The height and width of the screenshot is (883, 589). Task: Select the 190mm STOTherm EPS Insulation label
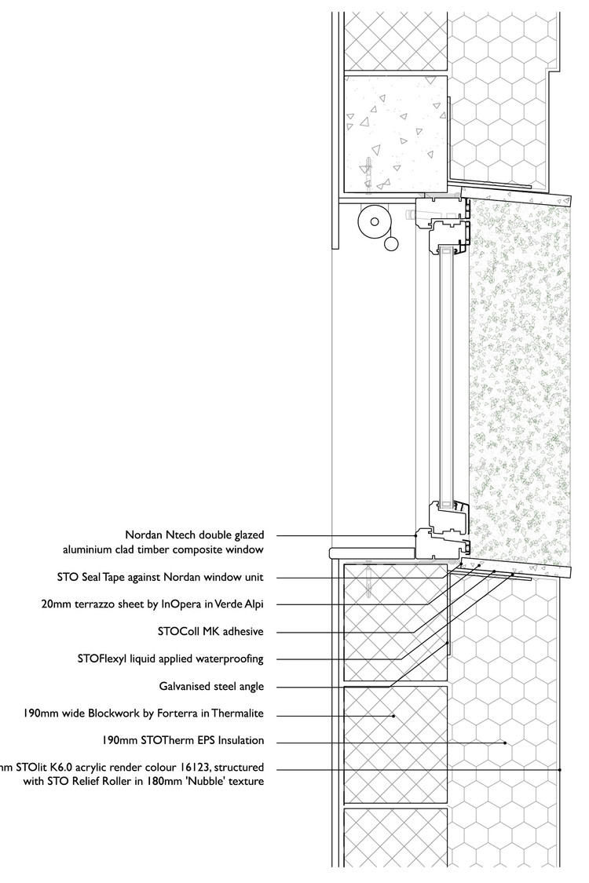tap(183, 740)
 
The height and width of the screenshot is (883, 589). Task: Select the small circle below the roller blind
tap(390, 246)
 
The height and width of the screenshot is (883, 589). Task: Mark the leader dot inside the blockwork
tap(394, 715)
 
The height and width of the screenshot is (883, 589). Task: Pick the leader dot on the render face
tap(559, 770)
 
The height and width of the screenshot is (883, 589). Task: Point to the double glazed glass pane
tap(445, 377)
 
